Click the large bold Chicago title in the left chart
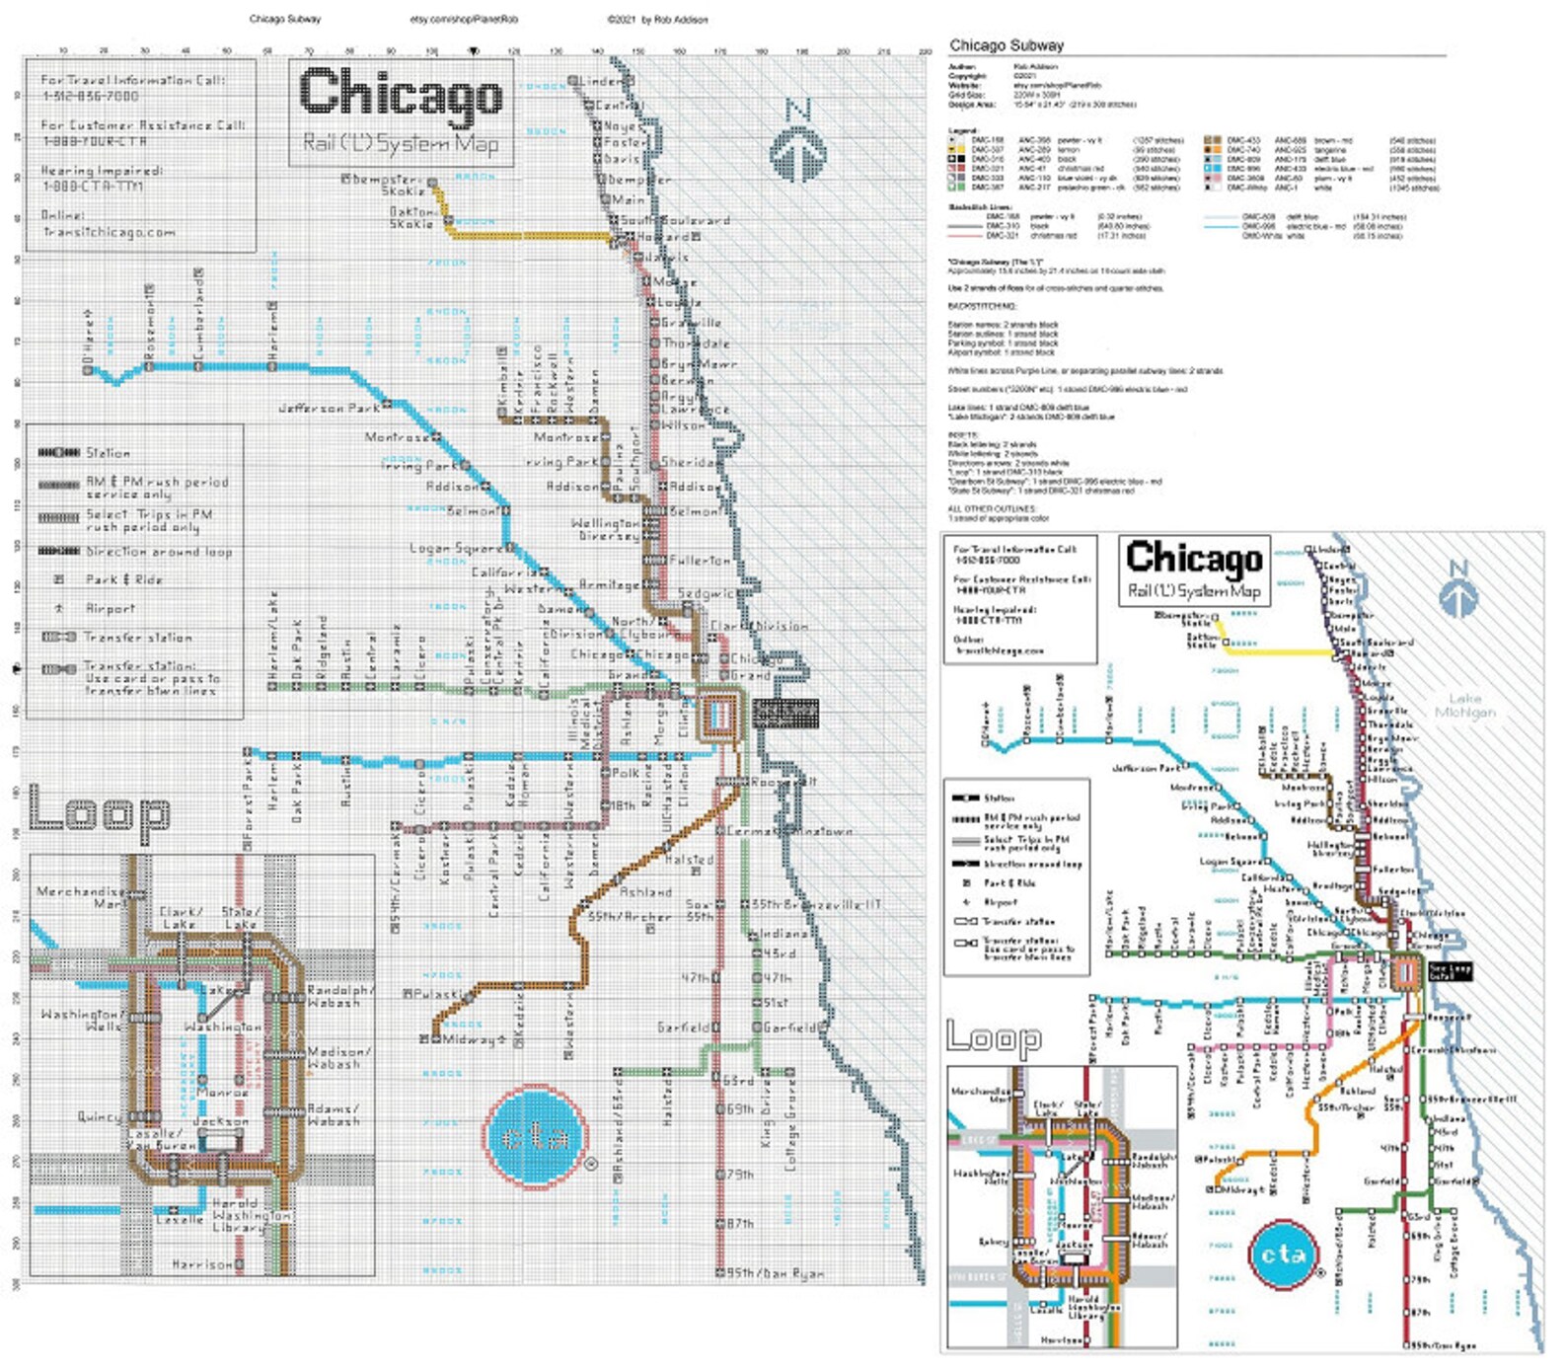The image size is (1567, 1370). point(401,94)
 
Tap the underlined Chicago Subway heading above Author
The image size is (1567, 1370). point(1007,45)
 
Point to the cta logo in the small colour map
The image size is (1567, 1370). point(1283,1255)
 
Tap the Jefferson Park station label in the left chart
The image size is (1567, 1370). point(330,407)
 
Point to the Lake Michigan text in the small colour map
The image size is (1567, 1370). point(1464,705)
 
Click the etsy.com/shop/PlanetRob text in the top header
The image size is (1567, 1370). point(464,19)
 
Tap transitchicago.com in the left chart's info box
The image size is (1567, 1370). point(109,232)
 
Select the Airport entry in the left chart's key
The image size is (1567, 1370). point(110,609)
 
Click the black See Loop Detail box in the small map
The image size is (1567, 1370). point(1450,971)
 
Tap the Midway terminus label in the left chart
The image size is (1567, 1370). point(469,1039)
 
